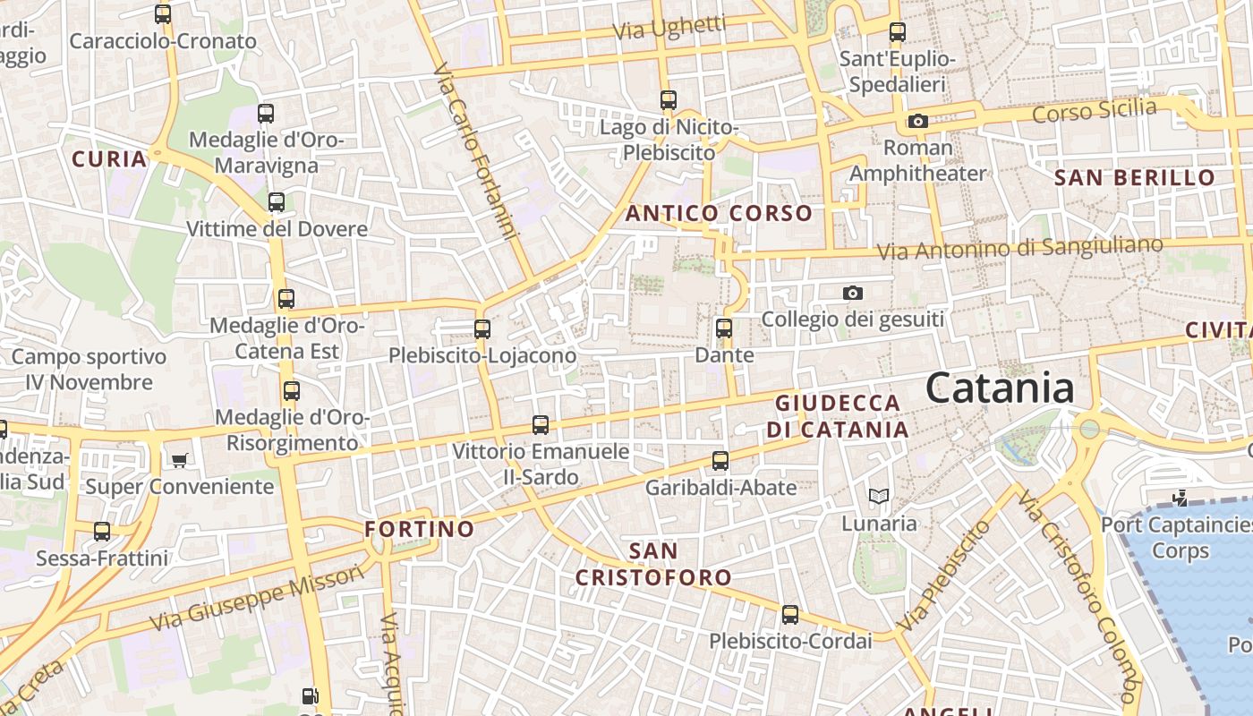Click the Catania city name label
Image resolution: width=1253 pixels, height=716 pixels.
point(1000,388)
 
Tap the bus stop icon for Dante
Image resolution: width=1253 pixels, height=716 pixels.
point(724,328)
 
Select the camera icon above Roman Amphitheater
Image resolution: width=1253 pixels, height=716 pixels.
point(917,121)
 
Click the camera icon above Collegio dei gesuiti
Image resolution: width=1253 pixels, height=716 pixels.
point(852,293)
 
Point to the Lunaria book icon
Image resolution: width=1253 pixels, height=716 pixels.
point(879,496)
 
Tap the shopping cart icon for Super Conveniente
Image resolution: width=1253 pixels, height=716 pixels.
point(180,460)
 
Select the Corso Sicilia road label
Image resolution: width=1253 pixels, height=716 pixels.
point(1094,112)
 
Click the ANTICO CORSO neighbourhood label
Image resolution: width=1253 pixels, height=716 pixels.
point(719,214)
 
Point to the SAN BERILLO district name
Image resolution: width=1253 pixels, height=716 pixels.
point(1134,177)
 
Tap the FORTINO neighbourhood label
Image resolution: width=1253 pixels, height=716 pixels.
point(420,529)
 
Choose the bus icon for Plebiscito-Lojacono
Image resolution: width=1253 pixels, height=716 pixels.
point(482,329)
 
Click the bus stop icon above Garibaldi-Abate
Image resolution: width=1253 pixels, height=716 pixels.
point(720,462)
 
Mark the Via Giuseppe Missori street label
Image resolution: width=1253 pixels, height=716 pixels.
point(257,597)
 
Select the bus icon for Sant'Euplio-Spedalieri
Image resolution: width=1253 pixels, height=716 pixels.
point(897,33)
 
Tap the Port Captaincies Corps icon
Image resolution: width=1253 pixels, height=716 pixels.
point(1181,498)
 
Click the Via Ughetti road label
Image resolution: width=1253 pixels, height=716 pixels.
point(669,28)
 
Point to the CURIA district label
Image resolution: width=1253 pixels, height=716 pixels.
point(109,159)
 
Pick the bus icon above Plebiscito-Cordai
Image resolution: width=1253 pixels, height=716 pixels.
point(789,615)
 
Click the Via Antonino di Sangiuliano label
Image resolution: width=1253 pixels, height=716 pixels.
point(1020,248)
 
